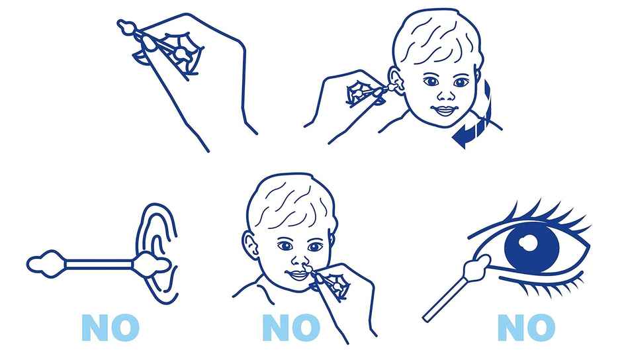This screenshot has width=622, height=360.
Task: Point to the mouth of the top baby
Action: coord(443,111)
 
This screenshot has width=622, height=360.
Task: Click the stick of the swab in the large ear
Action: coord(99,263)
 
